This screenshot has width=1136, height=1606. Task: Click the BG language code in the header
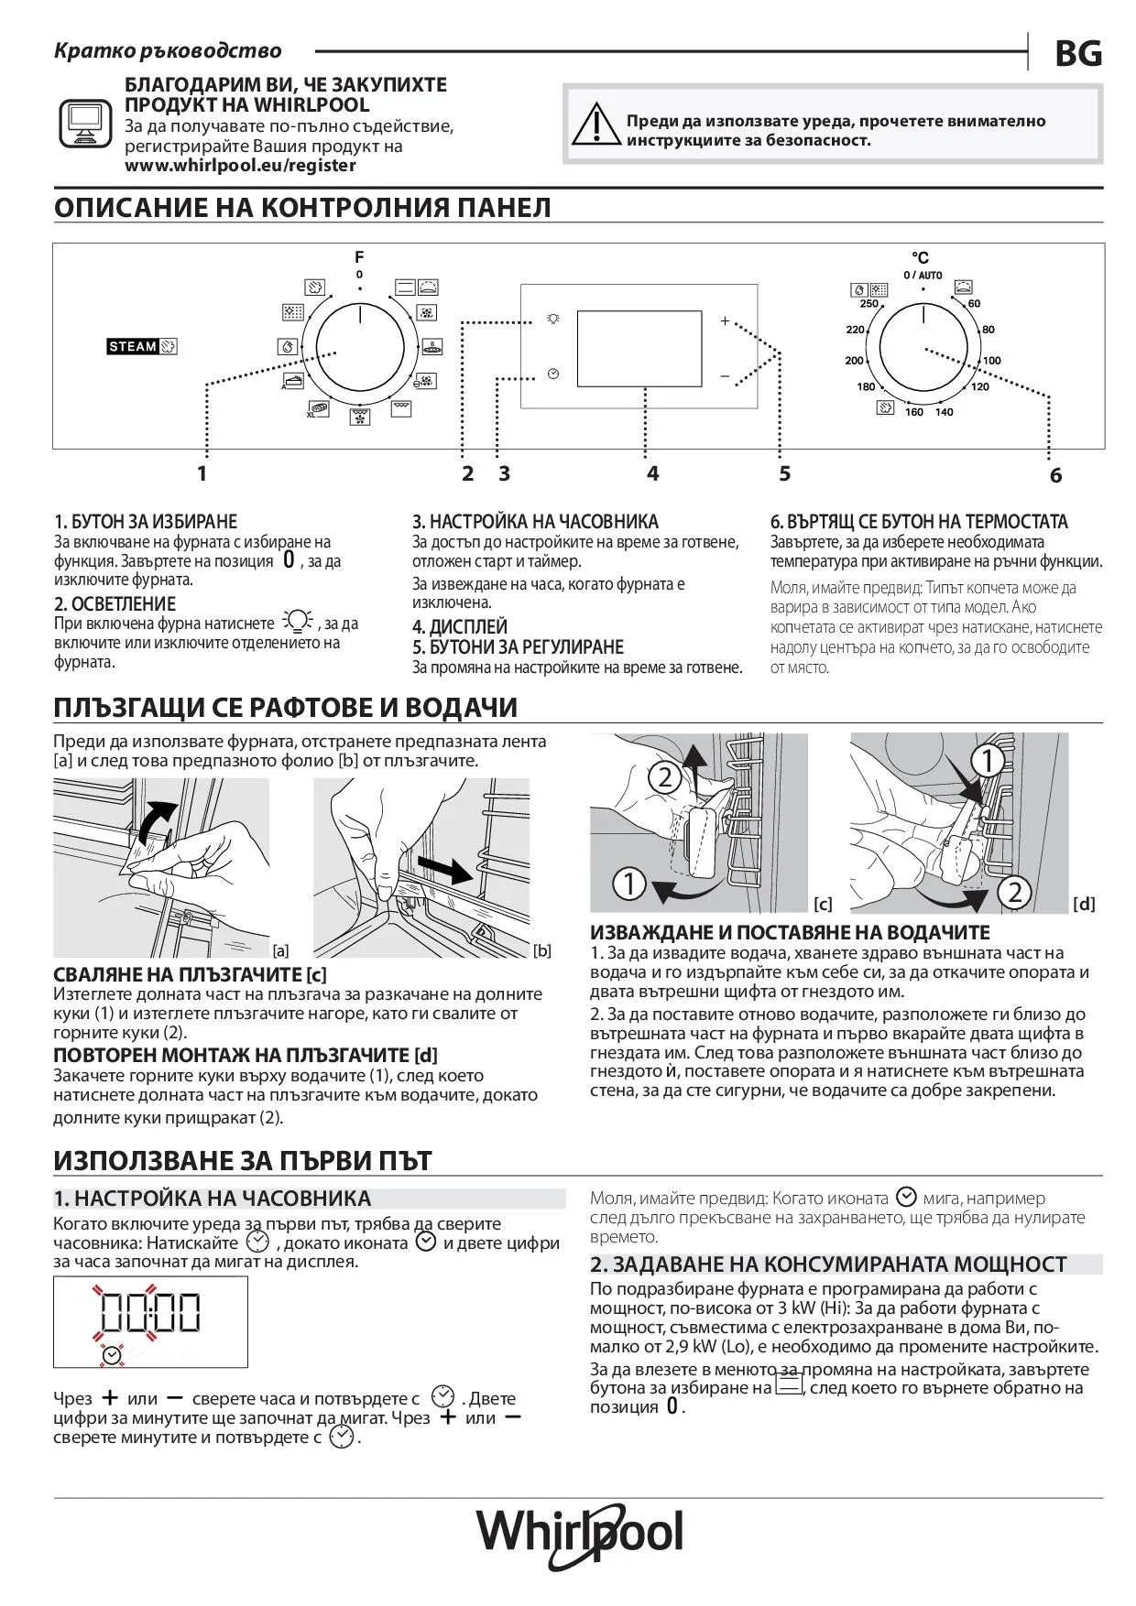1078,54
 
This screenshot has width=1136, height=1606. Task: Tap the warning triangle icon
595,125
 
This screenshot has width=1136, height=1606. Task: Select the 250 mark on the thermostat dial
869,304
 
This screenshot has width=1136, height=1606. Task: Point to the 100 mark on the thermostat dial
992,361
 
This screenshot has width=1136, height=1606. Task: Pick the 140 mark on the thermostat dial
945,412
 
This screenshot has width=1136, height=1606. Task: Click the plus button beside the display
725,320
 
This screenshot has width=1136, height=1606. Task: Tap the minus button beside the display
725,376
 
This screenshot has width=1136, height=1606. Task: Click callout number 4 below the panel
652,473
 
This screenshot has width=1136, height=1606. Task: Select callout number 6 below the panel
1055,475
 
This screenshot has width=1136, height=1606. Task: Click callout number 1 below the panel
202,473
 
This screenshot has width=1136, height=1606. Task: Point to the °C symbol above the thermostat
920,258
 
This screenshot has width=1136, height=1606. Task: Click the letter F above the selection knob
359,257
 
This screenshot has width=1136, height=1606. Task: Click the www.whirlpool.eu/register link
240,166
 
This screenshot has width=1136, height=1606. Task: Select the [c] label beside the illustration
823,904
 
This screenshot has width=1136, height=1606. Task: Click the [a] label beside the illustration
281,950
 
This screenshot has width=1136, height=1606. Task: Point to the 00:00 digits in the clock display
150,1312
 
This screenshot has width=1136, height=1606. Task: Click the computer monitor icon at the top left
85,123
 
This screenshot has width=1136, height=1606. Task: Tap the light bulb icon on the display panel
552,319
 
